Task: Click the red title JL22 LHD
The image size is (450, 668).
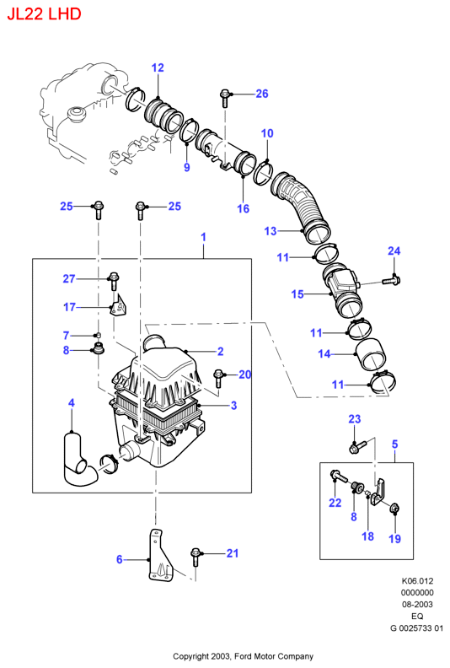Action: point(44,13)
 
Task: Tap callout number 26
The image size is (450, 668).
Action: point(262,94)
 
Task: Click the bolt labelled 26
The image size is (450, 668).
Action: point(224,98)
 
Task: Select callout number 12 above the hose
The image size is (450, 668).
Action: point(158,67)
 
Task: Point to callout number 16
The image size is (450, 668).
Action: point(243,208)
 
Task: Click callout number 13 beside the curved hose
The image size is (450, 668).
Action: point(271,231)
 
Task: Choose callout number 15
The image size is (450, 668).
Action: point(297,294)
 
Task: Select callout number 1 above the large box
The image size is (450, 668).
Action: point(203,237)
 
